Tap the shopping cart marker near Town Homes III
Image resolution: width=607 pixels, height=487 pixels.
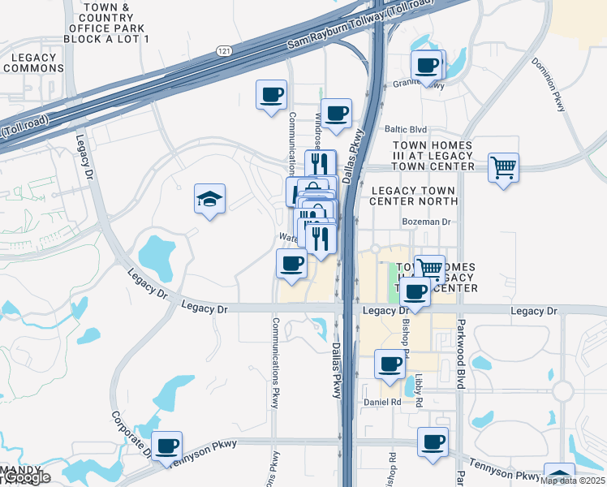(504, 168)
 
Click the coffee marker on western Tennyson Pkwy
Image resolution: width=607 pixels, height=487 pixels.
(167, 445)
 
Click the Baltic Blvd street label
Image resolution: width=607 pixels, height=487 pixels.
(406, 129)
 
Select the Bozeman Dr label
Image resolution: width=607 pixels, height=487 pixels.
(426, 222)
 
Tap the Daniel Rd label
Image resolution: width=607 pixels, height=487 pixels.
(382, 402)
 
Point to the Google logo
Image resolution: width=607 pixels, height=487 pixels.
(26, 478)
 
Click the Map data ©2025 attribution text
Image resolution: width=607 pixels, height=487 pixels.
(572, 481)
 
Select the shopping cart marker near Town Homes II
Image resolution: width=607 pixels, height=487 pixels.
(429, 267)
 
